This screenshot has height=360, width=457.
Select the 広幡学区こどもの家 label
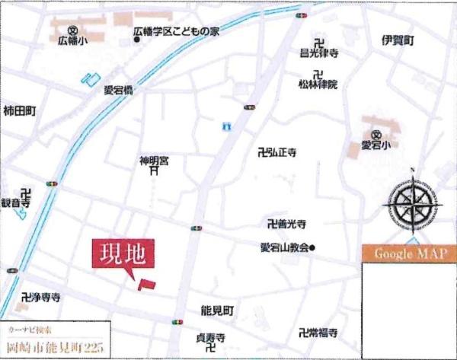[x=175, y=32]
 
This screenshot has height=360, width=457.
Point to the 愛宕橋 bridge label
[x=119, y=90]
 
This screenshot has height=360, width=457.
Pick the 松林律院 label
[x=318, y=84]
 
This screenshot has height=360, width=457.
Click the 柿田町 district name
[x=20, y=110]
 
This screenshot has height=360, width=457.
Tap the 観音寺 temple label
[x=16, y=204]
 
